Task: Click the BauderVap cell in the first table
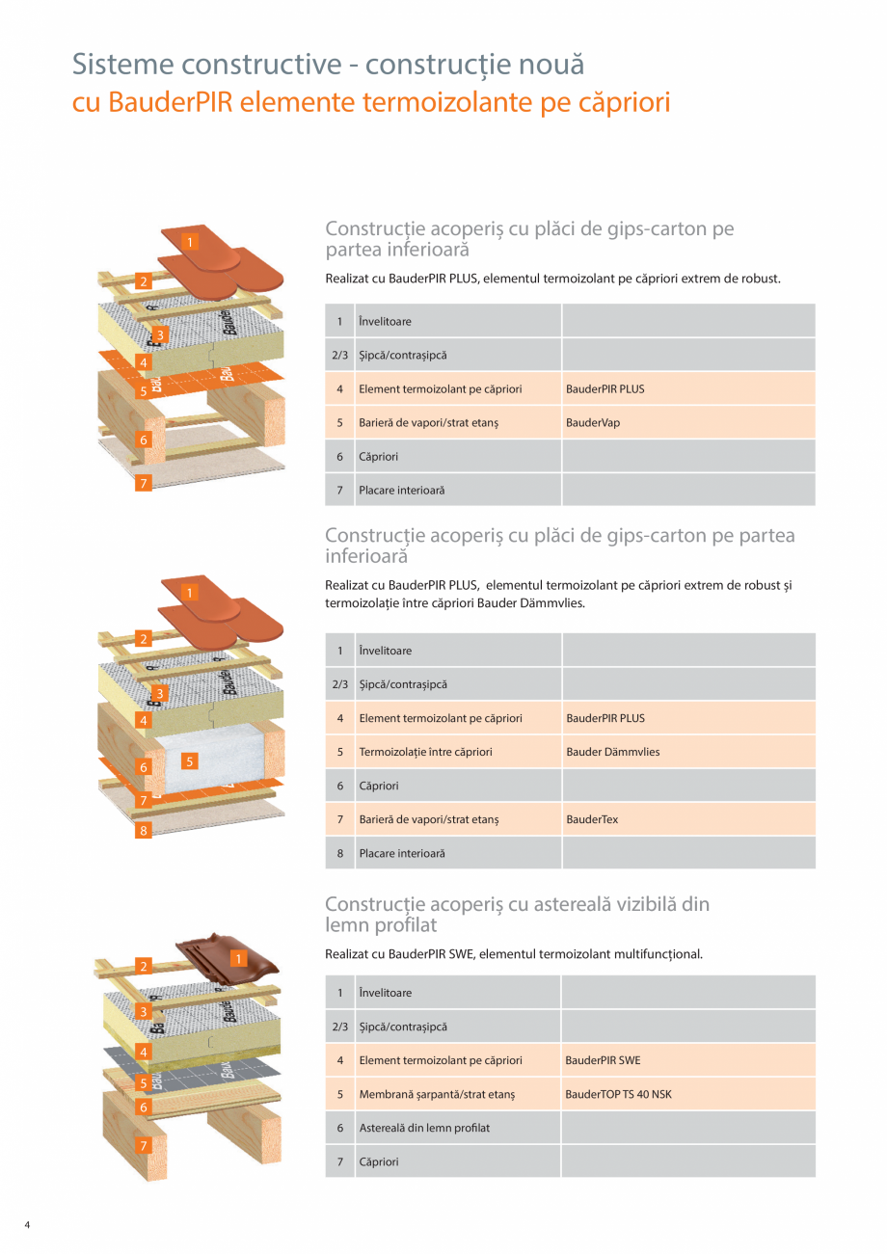(x=593, y=423)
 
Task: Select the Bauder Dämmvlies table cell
(x=613, y=752)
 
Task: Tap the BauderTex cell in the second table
(x=592, y=819)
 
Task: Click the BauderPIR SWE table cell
(x=603, y=1060)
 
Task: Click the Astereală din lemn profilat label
(x=424, y=1128)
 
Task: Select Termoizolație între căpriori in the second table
(x=425, y=752)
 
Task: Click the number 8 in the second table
(x=339, y=853)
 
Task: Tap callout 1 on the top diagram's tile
(x=191, y=242)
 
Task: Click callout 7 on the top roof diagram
(x=143, y=484)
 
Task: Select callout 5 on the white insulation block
(x=190, y=760)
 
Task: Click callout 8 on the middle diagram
(x=143, y=830)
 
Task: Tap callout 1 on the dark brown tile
(x=238, y=958)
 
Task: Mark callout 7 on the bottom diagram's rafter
(x=143, y=1146)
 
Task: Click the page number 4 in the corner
(x=27, y=1225)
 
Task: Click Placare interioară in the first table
(x=402, y=491)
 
